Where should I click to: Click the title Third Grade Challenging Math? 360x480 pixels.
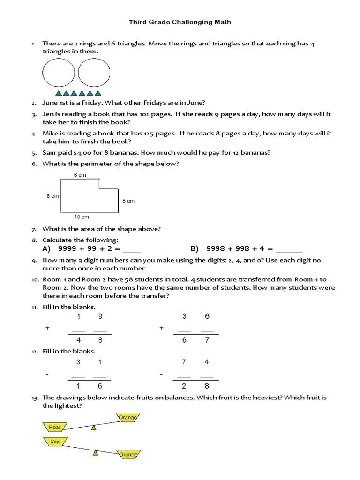pos(180,22)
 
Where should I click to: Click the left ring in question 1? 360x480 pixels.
pos(59,75)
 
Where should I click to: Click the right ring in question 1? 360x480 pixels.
pos(92,75)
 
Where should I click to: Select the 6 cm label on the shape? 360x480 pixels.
pos(80,175)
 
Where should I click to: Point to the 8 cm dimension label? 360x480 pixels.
pos(52,196)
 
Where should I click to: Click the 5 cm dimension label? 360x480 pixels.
pos(128,201)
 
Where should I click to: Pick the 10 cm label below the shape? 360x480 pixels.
pos(82,217)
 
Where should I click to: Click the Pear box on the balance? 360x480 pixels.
pos(55,427)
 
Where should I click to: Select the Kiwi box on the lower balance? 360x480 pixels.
pos(55,442)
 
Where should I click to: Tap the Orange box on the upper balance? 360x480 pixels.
pos(127,417)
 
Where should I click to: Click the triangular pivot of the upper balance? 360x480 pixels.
pos(94,427)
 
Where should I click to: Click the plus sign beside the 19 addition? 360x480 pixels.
pos(47,328)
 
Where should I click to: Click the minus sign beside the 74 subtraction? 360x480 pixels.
pos(161,375)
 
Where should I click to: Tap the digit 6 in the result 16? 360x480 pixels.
pos(100,386)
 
